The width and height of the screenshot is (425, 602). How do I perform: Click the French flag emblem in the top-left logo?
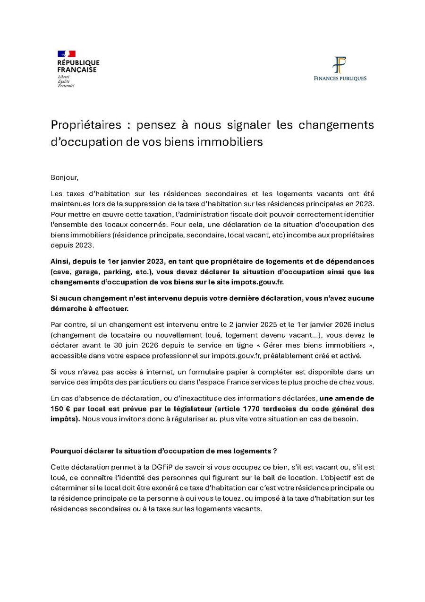67,54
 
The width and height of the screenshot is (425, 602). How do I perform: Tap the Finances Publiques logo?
340,69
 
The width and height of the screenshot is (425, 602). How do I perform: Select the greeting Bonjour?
64,178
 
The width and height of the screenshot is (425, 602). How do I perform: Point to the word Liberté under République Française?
64,77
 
